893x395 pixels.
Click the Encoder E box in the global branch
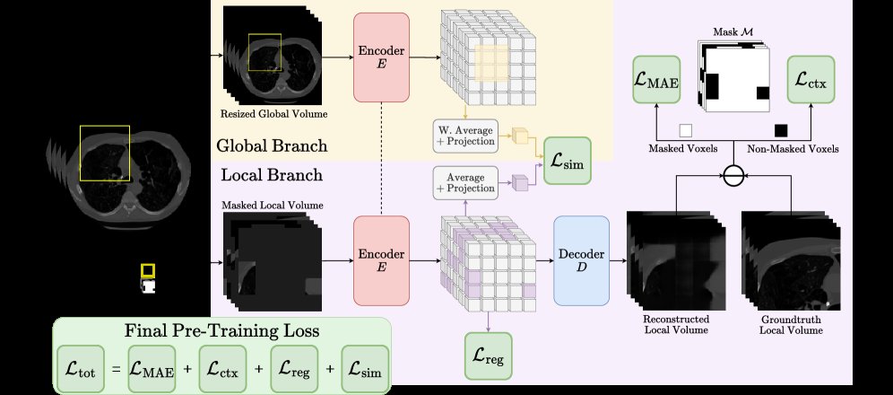tap(381, 57)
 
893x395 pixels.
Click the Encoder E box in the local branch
tap(381, 260)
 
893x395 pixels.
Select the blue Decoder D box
tap(582, 260)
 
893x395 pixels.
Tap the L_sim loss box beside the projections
tap(568, 161)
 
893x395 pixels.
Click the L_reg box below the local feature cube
tap(488, 355)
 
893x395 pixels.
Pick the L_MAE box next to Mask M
tap(656, 80)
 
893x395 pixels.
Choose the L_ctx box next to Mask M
tap(811, 80)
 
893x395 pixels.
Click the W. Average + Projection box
tap(465, 136)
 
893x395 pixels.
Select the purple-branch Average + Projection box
tap(465, 183)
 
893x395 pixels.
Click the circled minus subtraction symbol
tap(734, 176)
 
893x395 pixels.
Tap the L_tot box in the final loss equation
tap(81, 369)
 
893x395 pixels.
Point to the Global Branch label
tap(272, 145)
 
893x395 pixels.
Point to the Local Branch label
tap(272, 174)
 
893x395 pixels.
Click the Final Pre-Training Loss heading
tap(222, 330)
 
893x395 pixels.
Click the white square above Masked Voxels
tap(686, 131)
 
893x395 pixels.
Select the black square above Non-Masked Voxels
tap(781, 130)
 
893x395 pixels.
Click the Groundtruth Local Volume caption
tap(791, 324)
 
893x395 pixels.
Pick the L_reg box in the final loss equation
tap(294, 369)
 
